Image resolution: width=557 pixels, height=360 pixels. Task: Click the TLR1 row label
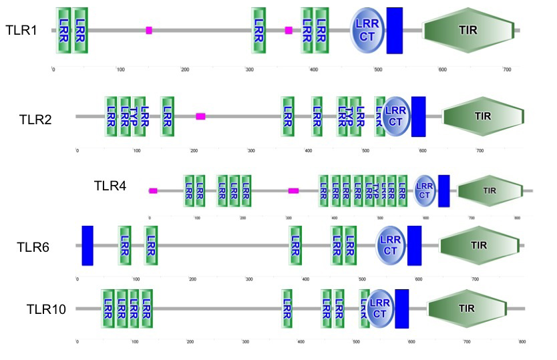coord(21,30)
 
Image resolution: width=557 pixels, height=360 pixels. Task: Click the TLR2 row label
coord(35,119)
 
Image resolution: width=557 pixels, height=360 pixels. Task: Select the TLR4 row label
coord(110,185)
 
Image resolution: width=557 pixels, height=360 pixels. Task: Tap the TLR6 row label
coord(33,247)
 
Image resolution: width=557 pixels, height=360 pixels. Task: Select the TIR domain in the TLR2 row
coord(482,116)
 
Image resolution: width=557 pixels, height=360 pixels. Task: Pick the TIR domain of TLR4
coord(490,190)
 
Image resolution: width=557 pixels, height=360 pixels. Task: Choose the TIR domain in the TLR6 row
coord(479,245)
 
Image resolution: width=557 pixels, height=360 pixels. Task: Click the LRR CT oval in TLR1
coord(367,30)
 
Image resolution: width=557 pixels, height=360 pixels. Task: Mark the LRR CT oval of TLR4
coord(425,190)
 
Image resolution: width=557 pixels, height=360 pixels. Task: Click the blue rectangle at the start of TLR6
coord(87,245)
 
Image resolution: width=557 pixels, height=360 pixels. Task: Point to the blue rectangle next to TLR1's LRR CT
coord(395,30)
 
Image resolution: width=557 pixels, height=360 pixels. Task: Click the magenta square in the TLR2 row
coord(200,116)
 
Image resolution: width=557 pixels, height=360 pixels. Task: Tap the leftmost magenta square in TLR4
coord(153,191)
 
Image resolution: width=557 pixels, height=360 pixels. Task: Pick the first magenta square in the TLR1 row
coord(149,30)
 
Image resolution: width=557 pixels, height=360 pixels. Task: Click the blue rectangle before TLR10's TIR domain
coord(402,309)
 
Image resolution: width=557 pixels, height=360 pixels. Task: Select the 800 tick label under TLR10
coord(522,342)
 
